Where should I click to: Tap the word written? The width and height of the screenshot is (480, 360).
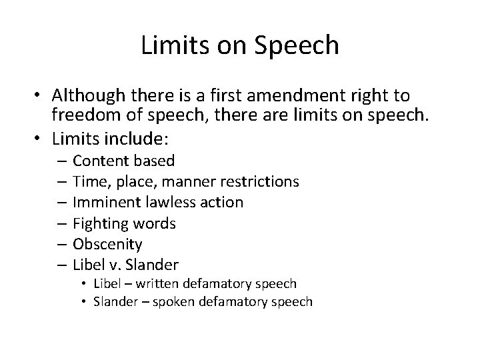click(x=151, y=283)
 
